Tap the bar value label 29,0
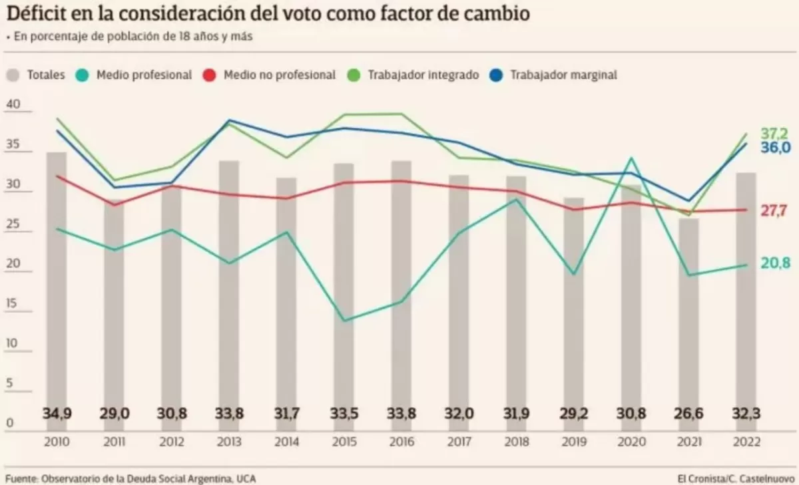(114, 413)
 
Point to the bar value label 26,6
(688, 413)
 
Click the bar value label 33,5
(344, 413)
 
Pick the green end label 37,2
(775, 134)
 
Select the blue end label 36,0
(775, 147)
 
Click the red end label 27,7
(775, 210)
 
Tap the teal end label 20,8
(775, 263)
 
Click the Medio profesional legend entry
(136, 75)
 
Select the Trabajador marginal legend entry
(555, 75)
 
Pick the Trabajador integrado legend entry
(415, 75)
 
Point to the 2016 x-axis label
(401, 442)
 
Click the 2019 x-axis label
(573, 442)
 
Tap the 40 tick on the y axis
(13, 104)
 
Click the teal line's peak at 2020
(631, 158)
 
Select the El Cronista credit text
(736, 478)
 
